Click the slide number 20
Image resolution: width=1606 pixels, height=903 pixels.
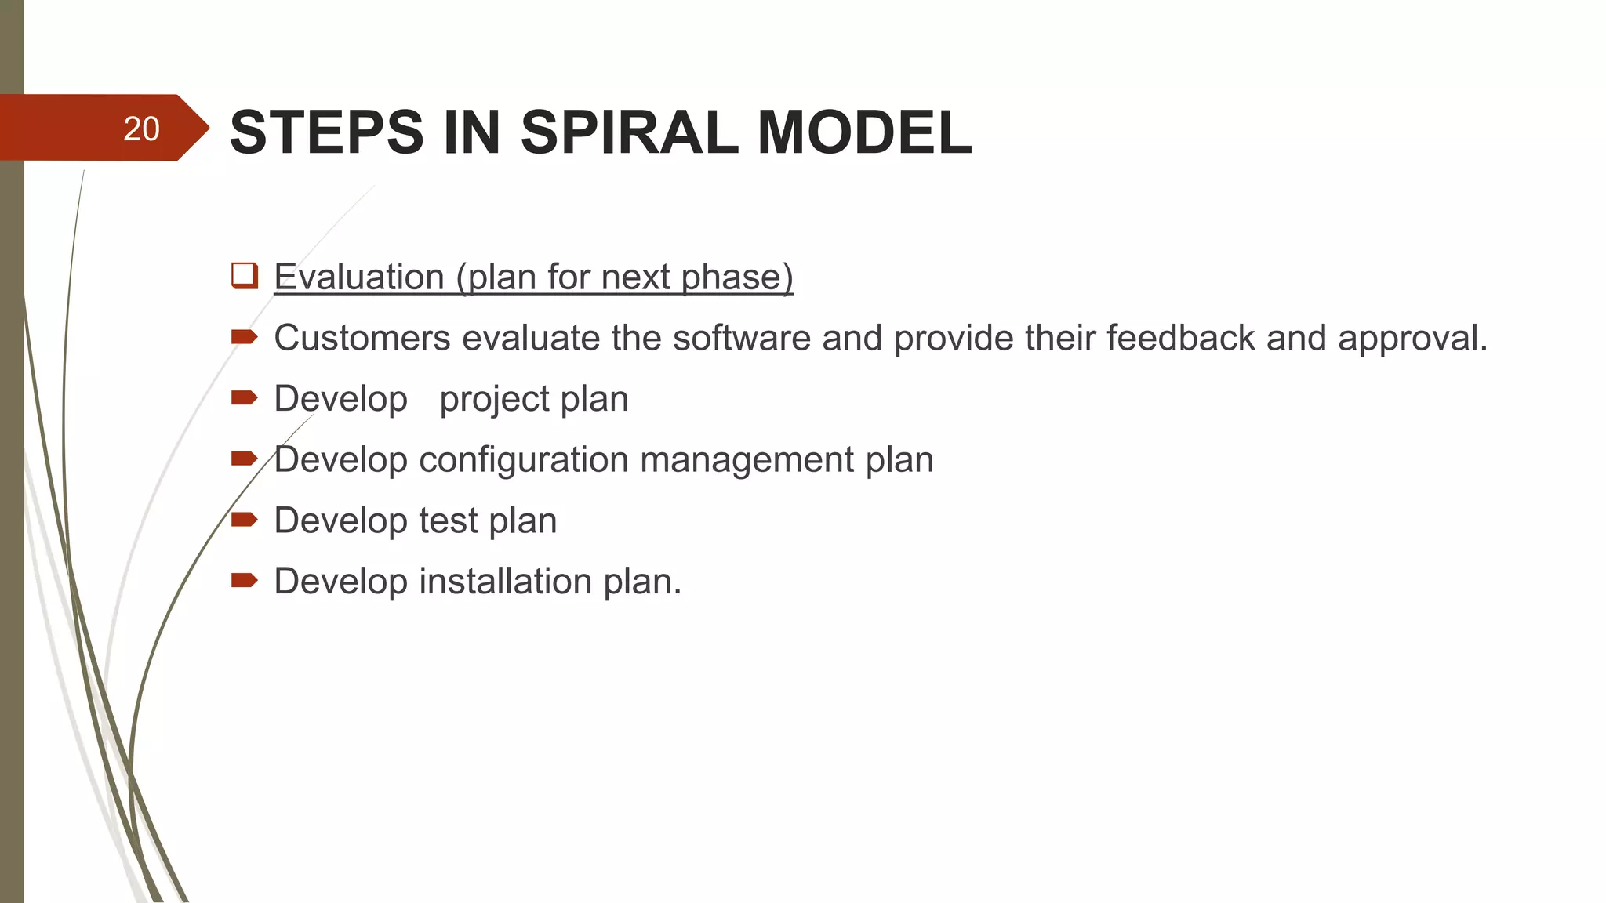pyautogui.click(x=141, y=129)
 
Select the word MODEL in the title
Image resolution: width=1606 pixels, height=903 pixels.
pyautogui.click(x=864, y=132)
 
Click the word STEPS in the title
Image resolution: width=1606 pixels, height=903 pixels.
pyautogui.click(x=326, y=132)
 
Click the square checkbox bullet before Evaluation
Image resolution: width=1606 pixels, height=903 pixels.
pyautogui.click(x=245, y=276)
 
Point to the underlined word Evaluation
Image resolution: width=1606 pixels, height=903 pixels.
pyautogui.click(x=359, y=277)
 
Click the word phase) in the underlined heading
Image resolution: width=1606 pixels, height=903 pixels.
pyautogui.click(x=737, y=277)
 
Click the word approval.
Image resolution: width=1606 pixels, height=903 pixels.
pyautogui.click(x=1412, y=338)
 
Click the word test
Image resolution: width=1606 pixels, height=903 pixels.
pyautogui.click(x=448, y=520)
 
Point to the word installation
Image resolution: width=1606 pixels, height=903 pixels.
pyautogui.click(x=505, y=582)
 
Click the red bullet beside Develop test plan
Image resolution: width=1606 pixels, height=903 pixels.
pyautogui.click(x=244, y=519)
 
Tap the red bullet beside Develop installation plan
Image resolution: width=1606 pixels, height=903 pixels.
pyautogui.click(x=244, y=580)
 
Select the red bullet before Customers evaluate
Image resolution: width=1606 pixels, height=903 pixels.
pyautogui.click(x=244, y=337)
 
